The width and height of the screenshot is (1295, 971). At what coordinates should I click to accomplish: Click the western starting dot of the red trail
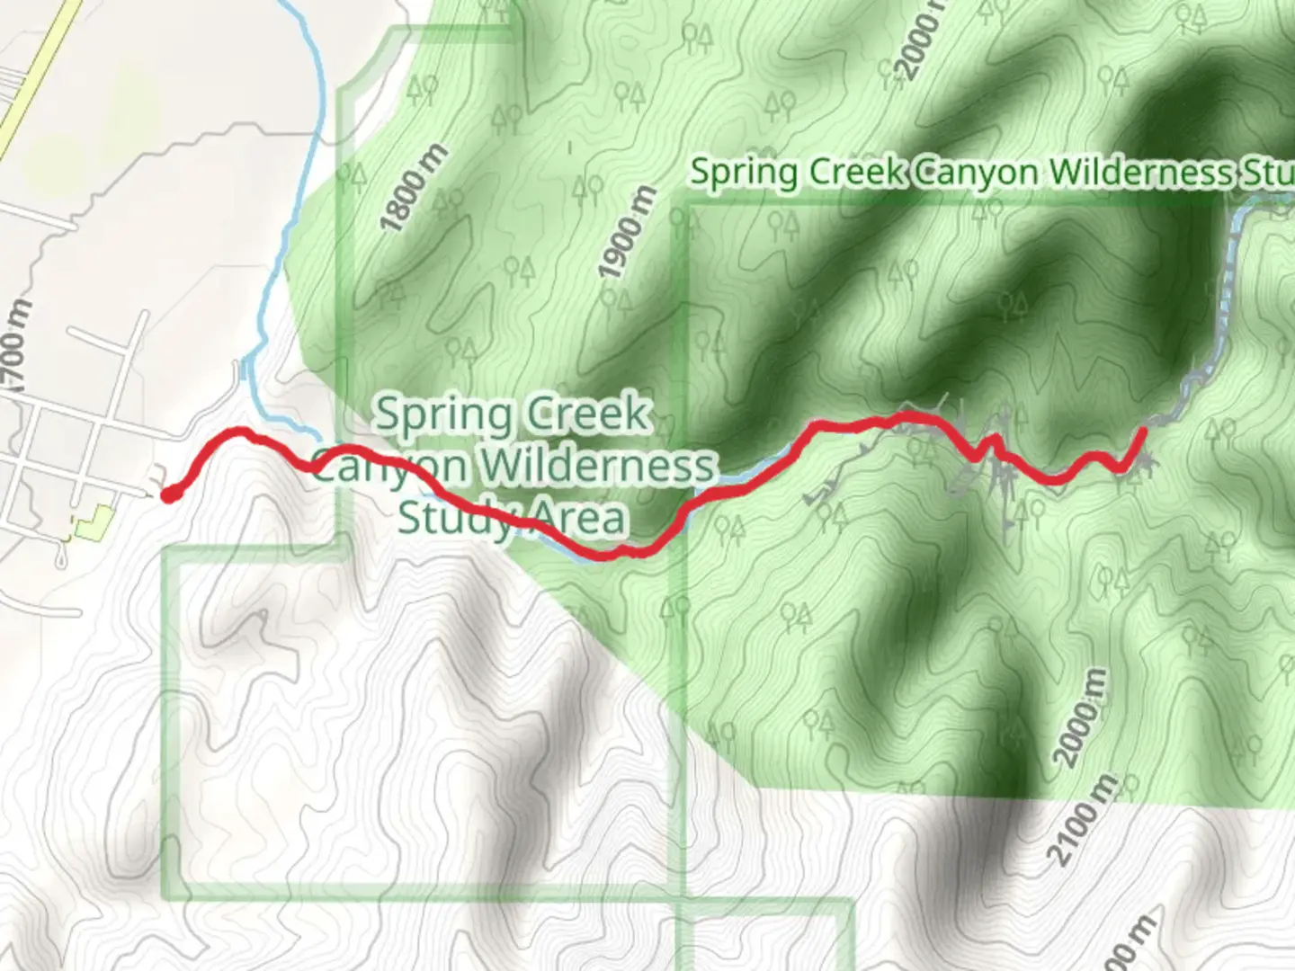pyautogui.click(x=168, y=494)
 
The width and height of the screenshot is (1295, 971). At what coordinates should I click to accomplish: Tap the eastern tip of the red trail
pyautogui.click(x=1142, y=432)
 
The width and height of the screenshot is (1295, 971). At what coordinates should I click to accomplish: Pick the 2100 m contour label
pyautogui.click(x=1085, y=820)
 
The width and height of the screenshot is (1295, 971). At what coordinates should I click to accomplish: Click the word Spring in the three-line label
pyautogui.click(x=442, y=415)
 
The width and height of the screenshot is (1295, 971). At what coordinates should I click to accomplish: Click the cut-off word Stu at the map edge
pyautogui.click(x=1268, y=173)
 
